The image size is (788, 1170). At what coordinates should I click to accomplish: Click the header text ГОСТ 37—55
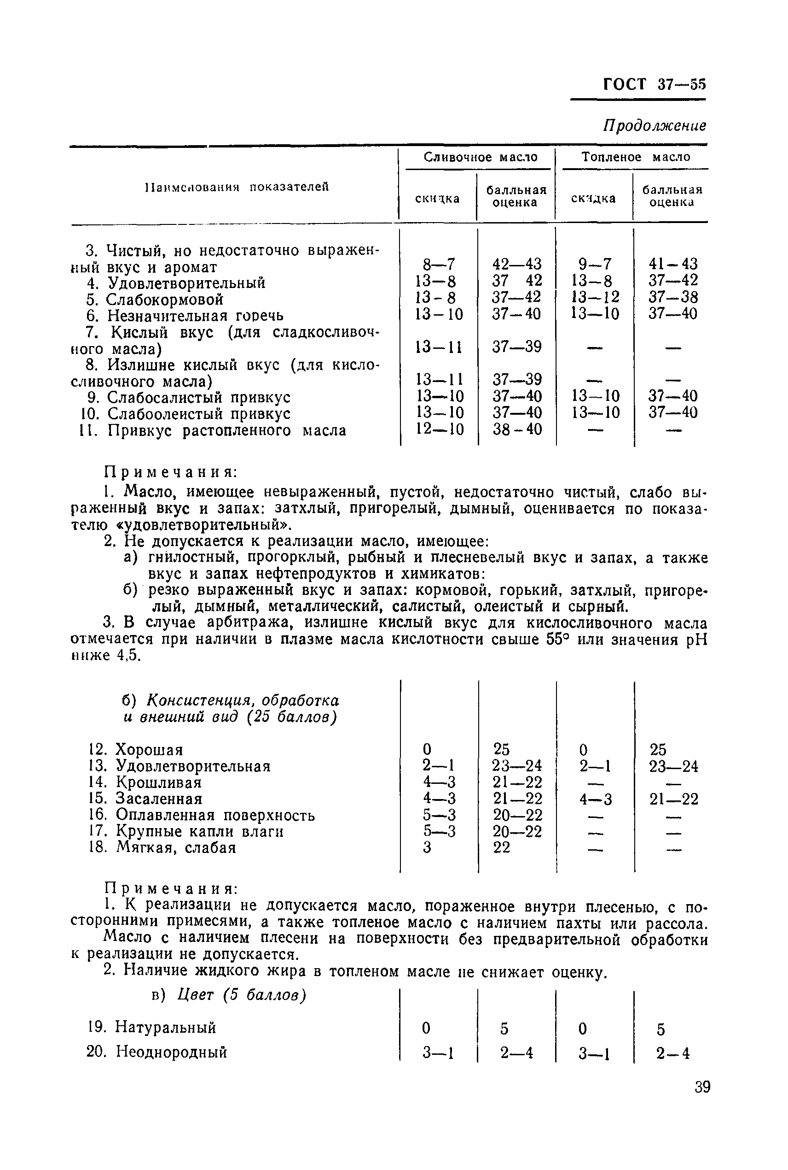(x=654, y=84)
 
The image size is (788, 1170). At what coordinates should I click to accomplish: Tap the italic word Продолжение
(x=655, y=125)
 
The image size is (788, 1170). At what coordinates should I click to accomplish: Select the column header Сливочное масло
(x=480, y=157)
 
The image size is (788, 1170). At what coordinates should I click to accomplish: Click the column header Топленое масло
(x=636, y=157)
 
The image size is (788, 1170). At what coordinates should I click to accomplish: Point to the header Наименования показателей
(x=236, y=187)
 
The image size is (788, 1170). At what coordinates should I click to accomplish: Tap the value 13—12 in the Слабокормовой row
(x=595, y=297)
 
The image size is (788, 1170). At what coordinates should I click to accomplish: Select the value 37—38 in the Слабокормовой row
(x=673, y=297)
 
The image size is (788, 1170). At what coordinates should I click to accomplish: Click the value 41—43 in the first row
(x=673, y=264)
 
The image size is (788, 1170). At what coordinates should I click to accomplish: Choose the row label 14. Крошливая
(x=145, y=782)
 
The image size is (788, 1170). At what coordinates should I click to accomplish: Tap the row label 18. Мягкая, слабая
(x=162, y=847)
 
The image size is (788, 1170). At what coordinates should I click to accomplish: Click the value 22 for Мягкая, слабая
(x=501, y=847)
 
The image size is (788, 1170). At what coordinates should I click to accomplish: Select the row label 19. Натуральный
(x=151, y=1027)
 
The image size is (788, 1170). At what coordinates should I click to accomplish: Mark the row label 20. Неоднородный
(x=157, y=1052)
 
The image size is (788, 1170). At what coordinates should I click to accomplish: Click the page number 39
(x=702, y=1087)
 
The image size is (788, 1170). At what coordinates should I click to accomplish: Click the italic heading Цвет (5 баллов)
(x=242, y=995)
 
